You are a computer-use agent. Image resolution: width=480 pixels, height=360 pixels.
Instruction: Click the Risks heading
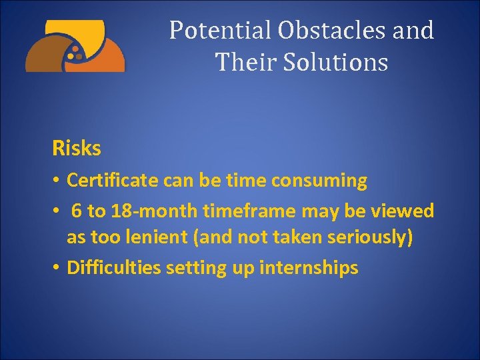click(x=77, y=149)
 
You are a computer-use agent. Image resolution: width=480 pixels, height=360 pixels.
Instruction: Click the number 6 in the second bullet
click(x=76, y=211)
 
